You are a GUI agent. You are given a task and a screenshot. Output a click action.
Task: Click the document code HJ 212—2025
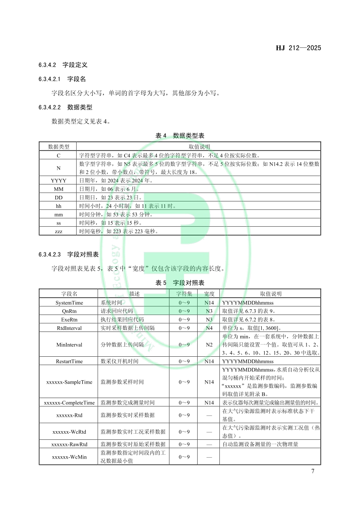pyautogui.click(x=298, y=48)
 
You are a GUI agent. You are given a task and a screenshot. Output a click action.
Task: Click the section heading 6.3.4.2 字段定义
pyautogui.click(x=63, y=65)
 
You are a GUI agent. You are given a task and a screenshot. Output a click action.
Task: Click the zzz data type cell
pyautogui.click(x=58, y=231)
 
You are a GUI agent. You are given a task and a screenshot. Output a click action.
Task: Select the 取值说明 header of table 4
pyautogui.click(x=199, y=147)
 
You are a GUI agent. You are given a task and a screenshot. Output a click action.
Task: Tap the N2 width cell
pyautogui.click(x=209, y=345)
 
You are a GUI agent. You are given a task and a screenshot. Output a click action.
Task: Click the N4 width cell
pyautogui.click(x=209, y=328)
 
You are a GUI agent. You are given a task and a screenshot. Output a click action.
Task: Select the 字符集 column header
pyautogui.click(x=184, y=294)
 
